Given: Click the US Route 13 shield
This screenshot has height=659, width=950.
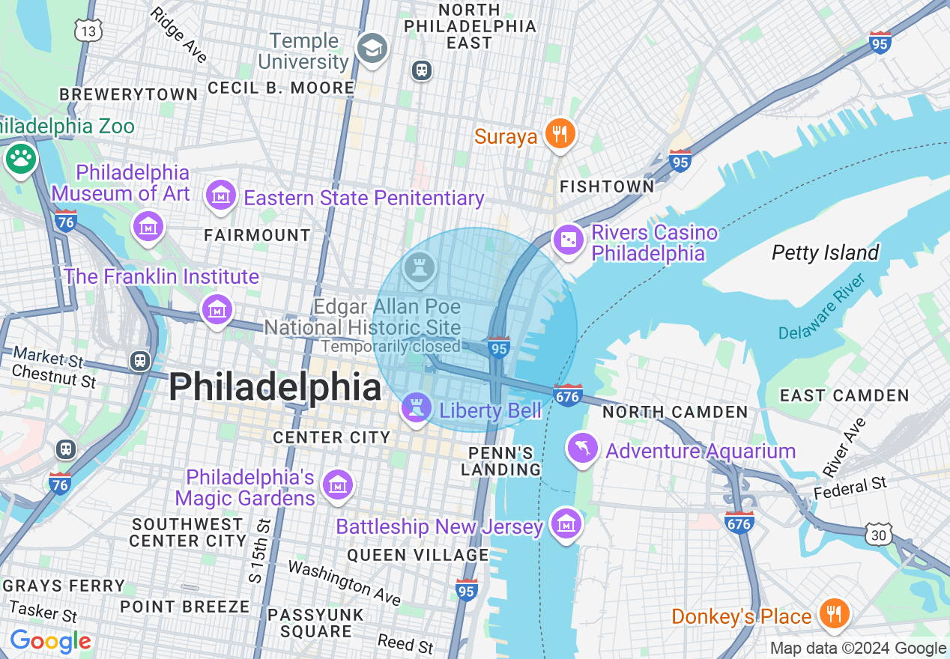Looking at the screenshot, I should (x=88, y=30).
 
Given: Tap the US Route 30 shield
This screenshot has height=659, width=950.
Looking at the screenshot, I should (x=878, y=533).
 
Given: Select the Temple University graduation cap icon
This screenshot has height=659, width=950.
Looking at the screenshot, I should (x=371, y=49).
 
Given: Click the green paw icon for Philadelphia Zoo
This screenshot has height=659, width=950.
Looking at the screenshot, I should (x=20, y=158).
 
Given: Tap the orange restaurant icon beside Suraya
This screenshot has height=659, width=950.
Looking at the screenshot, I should (x=559, y=135).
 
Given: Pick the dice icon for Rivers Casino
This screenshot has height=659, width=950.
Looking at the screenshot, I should (x=569, y=240).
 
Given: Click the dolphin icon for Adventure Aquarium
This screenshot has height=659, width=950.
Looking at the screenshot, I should (x=584, y=449).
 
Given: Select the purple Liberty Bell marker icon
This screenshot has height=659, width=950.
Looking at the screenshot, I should (x=416, y=408).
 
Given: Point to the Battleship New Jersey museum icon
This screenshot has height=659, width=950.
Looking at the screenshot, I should (x=566, y=523).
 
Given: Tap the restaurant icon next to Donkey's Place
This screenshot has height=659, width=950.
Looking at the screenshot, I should (x=833, y=614).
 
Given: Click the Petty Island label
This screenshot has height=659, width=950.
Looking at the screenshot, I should (x=825, y=253).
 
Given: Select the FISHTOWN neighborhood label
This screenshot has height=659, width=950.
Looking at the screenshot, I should (x=607, y=186).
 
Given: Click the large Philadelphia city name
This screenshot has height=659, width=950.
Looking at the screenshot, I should (x=275, y=388).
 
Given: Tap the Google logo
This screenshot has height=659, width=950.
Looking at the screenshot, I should (x=50, y=641).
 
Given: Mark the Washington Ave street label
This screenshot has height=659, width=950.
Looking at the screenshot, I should (x=345, y=583).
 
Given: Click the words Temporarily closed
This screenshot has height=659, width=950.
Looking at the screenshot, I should (x=390, y=347).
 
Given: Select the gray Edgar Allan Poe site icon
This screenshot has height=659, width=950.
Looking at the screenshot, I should (x=419, y=268).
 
